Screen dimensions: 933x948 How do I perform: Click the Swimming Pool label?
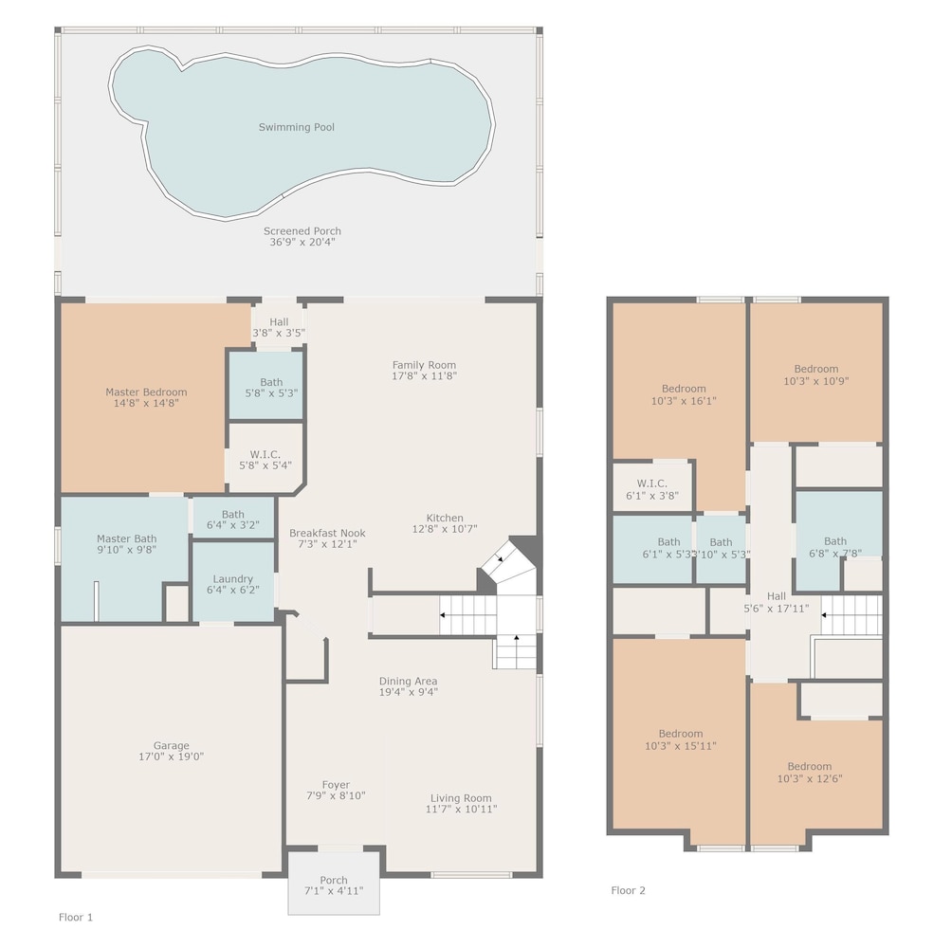click(296, 127)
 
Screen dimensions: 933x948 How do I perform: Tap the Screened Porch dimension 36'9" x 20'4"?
click(302, 242)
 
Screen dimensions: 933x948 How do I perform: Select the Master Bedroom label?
click(146, 392)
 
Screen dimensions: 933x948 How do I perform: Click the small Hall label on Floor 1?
click(279, 321)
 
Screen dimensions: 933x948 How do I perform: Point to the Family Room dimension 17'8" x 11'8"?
click(424, 375)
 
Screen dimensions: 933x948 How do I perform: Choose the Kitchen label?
click(445, 518)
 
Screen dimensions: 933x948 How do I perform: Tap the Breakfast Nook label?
click(327, 533)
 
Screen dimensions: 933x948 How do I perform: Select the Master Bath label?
click(126, 538)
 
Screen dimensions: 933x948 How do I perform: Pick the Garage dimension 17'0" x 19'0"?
click(171, 757)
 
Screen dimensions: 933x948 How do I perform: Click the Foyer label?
click(336, 785)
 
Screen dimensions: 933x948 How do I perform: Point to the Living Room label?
click(461, 798)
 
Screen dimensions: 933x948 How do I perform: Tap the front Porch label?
click(334, 881)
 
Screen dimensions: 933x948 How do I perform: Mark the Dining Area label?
click(408, 681)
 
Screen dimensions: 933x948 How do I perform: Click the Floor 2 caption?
click(628, 890)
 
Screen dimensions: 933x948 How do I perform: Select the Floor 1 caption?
click(76, 917)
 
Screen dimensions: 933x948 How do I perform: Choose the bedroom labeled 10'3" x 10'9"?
click(816, 372)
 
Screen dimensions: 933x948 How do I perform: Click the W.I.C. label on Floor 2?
click(651, 483)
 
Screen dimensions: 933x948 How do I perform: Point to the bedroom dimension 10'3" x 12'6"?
click(810, 778)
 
